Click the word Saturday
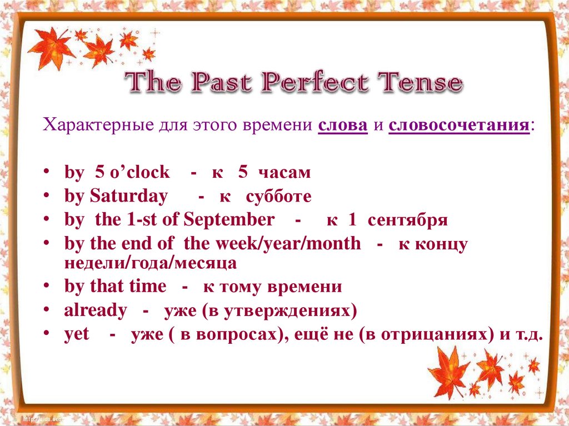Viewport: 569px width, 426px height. click(128, 197)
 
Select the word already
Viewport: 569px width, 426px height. click(96, 310)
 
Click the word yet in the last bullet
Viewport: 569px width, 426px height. click(77, 335)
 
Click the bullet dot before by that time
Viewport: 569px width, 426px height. click(51, 288)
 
